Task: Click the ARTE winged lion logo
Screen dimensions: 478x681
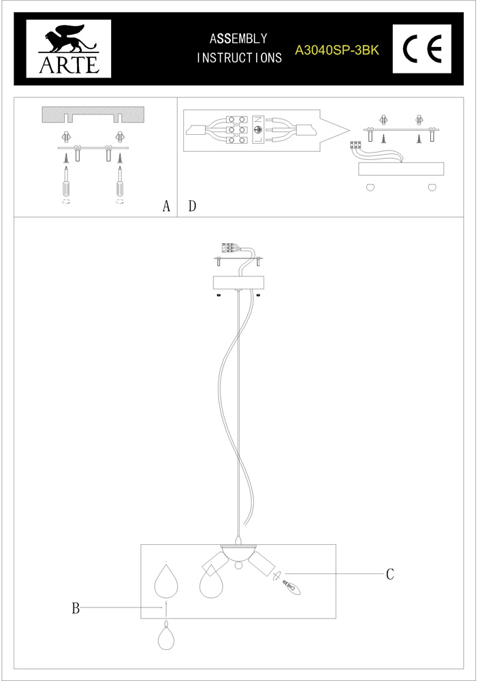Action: [69, 48]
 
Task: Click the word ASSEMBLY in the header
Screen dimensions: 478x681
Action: [238, 39]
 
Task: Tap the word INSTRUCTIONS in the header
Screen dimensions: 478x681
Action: [239, 58]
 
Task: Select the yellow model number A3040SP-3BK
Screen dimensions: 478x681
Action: [337, 50]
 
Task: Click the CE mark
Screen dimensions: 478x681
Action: [422, 48]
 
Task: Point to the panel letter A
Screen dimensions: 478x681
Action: [166, 206]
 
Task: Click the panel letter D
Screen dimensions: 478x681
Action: [192, 206]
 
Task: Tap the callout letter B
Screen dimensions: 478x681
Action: [76, 608]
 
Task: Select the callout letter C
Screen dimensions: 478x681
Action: [390, 573]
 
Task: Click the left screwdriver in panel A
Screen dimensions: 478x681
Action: [67, 180]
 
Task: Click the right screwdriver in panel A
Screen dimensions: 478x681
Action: [119, 180]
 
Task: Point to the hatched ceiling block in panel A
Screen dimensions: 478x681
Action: [93, 114]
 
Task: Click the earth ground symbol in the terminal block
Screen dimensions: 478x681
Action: [257, 130]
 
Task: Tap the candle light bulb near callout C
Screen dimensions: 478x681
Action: [291, 588]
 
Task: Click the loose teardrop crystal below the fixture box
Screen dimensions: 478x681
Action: [166, 635]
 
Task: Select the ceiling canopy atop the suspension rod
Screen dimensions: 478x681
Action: [239, 283]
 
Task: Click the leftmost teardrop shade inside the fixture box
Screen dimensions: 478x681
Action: [166, 581]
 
